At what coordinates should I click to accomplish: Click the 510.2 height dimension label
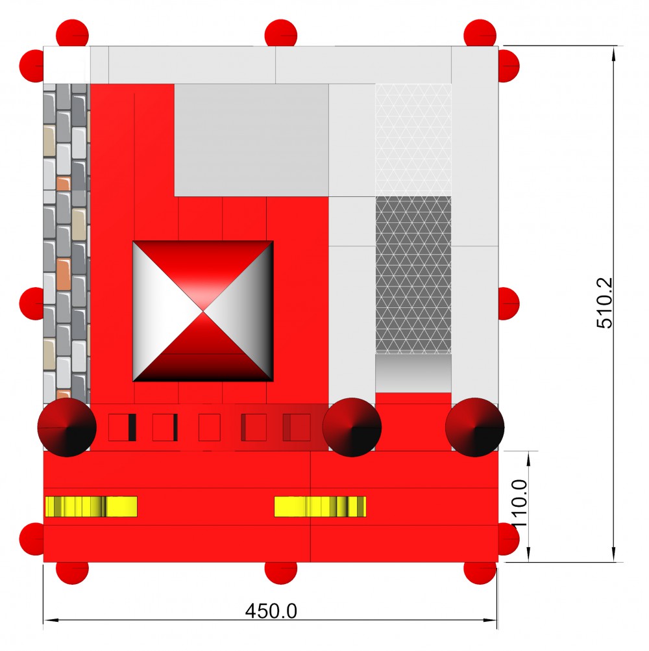tap(604, 303)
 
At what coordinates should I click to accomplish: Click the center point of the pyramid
tap(202, 311)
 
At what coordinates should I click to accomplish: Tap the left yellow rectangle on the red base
tap(92, 507)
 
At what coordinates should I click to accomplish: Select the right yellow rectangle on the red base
tap(320, 507)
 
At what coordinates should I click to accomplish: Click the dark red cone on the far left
tap(67, 428)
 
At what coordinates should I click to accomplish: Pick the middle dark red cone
tap(352, 428)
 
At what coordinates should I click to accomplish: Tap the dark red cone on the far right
tap(474, 428)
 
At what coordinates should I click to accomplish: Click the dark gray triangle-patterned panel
tap(413, 275)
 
